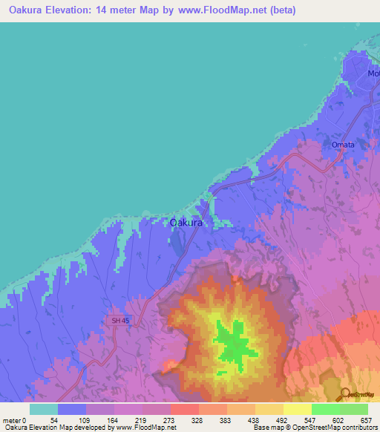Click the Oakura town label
pyautogui.click(x=187, y=221)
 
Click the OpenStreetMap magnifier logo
pyautogui.click(x=347, y=394)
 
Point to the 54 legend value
pyautogui.click(x=54, y=419)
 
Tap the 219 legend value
pyautogui.click(x=140, y=419)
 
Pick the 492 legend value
pyautogui.click(x=281, y=419)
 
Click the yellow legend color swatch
pyautogui.click(x=297, y=409)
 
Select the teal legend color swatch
pyautogui.click(x=43, y=409)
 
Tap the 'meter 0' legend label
pyautogui.click(x=16, y=419)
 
